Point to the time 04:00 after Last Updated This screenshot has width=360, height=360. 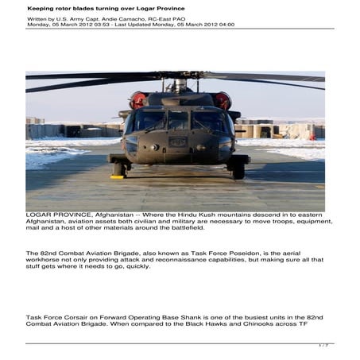225,25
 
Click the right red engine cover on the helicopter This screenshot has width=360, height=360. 222,101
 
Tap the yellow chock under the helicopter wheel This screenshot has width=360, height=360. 118,176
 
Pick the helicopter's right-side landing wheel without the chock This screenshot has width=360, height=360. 238,170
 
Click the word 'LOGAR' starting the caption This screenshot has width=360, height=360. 40,215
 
